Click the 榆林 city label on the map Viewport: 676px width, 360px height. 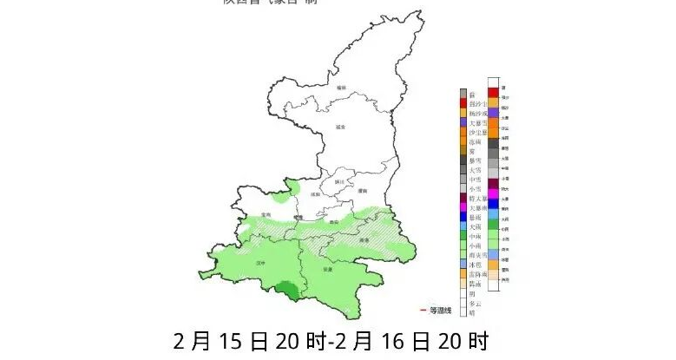(342, 88)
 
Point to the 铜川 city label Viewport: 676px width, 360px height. (338, 183)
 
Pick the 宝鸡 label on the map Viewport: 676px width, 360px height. (266, 213)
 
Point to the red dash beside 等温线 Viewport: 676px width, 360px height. (423, 310)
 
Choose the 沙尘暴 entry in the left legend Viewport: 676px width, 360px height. (475, 132)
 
